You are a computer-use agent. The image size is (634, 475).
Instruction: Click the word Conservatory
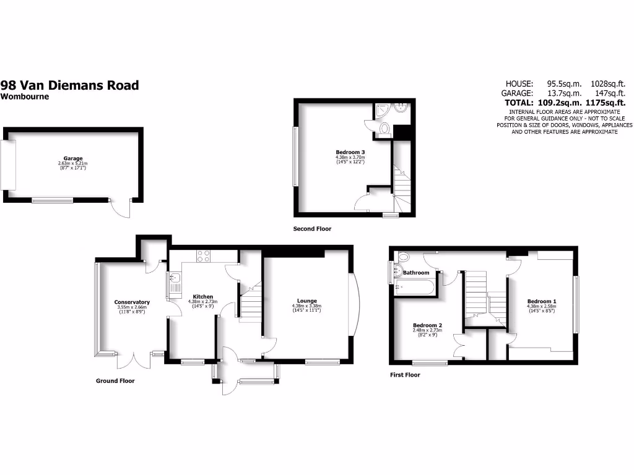tap(132, 302)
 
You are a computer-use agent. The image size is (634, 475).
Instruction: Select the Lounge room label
tap(306, 301)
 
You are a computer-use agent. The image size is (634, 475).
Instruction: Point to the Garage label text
tap(73, 159)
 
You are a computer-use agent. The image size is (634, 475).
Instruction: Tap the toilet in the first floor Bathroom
tap(403, 257)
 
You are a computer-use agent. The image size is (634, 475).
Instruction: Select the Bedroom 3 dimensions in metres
tap(351, 157)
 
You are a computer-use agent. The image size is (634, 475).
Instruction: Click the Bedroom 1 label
tap(542, 301)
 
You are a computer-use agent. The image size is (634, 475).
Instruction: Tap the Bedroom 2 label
tap(427, 325)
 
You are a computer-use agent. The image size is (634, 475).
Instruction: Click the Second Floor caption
tap(312, 229)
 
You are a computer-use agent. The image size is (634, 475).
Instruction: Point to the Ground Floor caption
tap(115, 381)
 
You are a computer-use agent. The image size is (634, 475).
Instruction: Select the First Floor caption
tap(405, 375)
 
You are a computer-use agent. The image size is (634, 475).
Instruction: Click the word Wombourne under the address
tap(24, 96)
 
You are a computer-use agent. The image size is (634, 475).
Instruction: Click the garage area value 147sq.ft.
tap(606, 93)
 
